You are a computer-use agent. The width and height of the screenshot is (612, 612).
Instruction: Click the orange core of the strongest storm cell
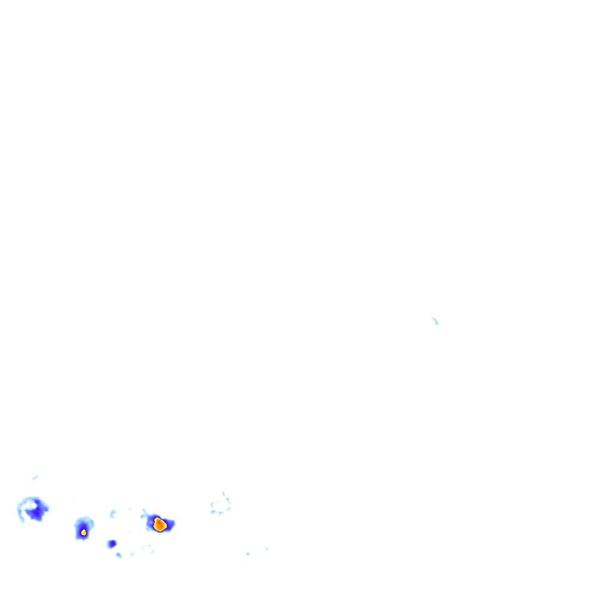coord(159,525)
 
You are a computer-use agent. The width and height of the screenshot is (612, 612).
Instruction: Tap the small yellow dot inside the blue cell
coord(84,532)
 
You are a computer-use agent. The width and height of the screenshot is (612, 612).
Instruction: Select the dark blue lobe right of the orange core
coord(170,525)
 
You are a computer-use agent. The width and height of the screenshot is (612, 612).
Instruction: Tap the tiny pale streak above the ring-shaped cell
coord(35,477)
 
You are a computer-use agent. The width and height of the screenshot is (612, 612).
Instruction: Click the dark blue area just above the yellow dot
coord(83,525)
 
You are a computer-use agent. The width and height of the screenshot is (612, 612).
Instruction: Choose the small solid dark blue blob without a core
coord(111,544)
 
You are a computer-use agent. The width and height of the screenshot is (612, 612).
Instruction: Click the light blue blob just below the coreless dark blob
coord(118,555)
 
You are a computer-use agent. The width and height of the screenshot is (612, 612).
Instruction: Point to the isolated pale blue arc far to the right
coord(435,321)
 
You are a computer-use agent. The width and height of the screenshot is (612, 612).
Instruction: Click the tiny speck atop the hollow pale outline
coord(224,493)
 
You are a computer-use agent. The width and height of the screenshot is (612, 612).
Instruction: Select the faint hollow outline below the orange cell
coord(147,549)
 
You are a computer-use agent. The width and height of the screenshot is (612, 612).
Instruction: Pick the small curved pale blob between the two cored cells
coord(112,513)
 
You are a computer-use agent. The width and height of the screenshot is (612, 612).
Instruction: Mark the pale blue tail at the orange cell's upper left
coord(144,513)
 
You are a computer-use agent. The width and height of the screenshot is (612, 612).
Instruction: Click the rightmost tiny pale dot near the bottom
coord(267,549)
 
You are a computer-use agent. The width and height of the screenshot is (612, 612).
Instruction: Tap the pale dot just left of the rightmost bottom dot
coord(247,554)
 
